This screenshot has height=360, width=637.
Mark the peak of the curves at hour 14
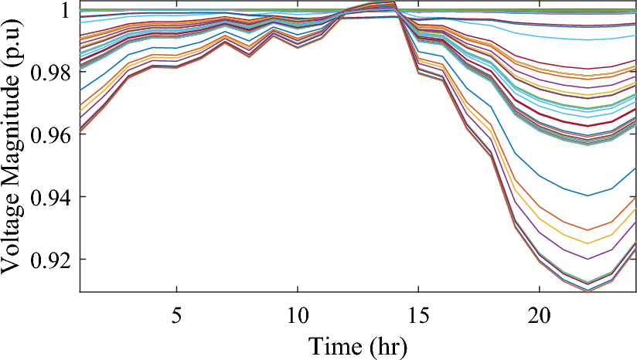[x=394, y=2]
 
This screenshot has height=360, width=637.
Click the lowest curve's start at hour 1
[x=81, y=131]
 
